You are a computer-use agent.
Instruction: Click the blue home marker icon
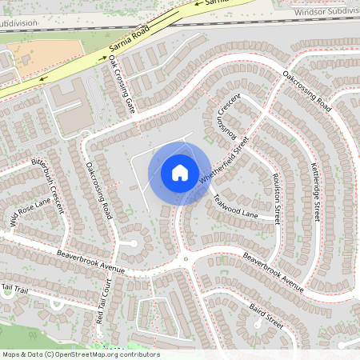tap(179, 172)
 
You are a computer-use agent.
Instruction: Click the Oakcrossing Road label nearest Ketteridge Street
tap(306, 90)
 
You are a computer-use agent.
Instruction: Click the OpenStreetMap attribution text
tap(80, 354)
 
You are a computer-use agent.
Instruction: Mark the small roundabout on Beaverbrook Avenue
tap(186, 258)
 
